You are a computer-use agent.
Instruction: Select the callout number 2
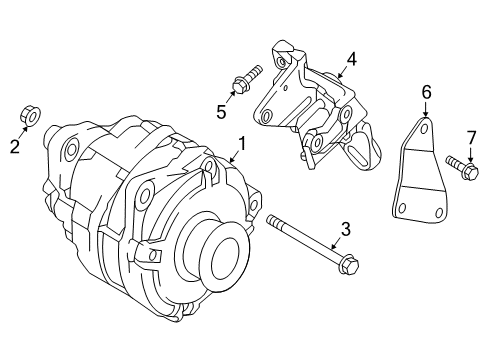point(15,148)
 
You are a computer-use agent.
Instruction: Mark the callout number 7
point(471,136)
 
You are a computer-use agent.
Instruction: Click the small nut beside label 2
point(30,117)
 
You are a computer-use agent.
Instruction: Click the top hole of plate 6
point(426,128)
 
